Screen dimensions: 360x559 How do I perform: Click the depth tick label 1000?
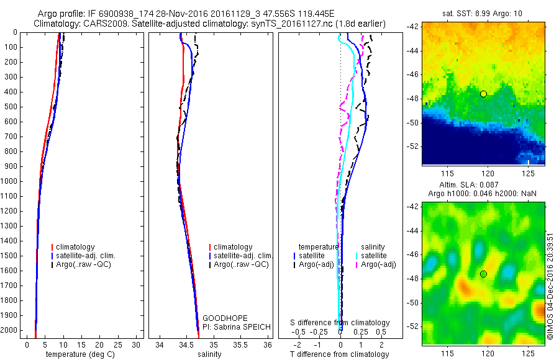pyautogui.click(x=10, y=181)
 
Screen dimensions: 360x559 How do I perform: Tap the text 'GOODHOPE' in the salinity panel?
pyautogui.click(x=221, y=318)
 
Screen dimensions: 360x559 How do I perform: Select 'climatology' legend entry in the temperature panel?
pyautogui.click(x=78, y=247)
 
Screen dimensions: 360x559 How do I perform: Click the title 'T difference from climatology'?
pyautogui.click(x=339, y=354)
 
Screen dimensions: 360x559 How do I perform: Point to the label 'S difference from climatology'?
pyautogui.click(x=340, y=323)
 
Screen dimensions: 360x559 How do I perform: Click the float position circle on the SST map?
pyautogui.click(x=483, y=94)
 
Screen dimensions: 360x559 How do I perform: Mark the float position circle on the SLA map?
pyautogui.click(x=483, y=274)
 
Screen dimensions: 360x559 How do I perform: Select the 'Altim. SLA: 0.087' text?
pyautogui.click(x=483, y=186)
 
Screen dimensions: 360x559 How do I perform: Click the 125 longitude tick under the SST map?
pyautogui.click(x=529, y=172)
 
